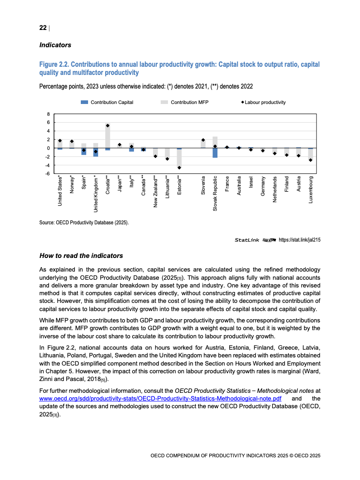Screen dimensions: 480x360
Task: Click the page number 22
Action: [43, 28]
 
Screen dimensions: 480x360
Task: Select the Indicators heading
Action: [55, 45]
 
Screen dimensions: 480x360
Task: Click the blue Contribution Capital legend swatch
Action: [84, 102]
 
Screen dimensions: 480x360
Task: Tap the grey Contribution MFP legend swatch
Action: [164, 102]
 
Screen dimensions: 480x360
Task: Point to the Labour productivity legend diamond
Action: [242, 102]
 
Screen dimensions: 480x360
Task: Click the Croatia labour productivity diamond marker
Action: [108, 126]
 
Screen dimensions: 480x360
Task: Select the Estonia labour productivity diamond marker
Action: [179, 168]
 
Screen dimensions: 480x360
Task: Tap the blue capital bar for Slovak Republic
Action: [215, 153]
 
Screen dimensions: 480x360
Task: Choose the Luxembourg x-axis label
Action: [311, 189]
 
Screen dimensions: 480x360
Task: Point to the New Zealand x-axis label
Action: [155, 192]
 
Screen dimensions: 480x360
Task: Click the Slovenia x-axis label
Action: [203, 186]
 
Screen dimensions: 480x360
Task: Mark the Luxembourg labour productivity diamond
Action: [311, 160]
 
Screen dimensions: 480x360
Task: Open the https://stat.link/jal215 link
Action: [299, 240]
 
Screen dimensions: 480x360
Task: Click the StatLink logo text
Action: [247, 240]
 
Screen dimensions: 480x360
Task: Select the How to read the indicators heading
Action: [81, 256]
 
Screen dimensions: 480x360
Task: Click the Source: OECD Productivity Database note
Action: [84, 223]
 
